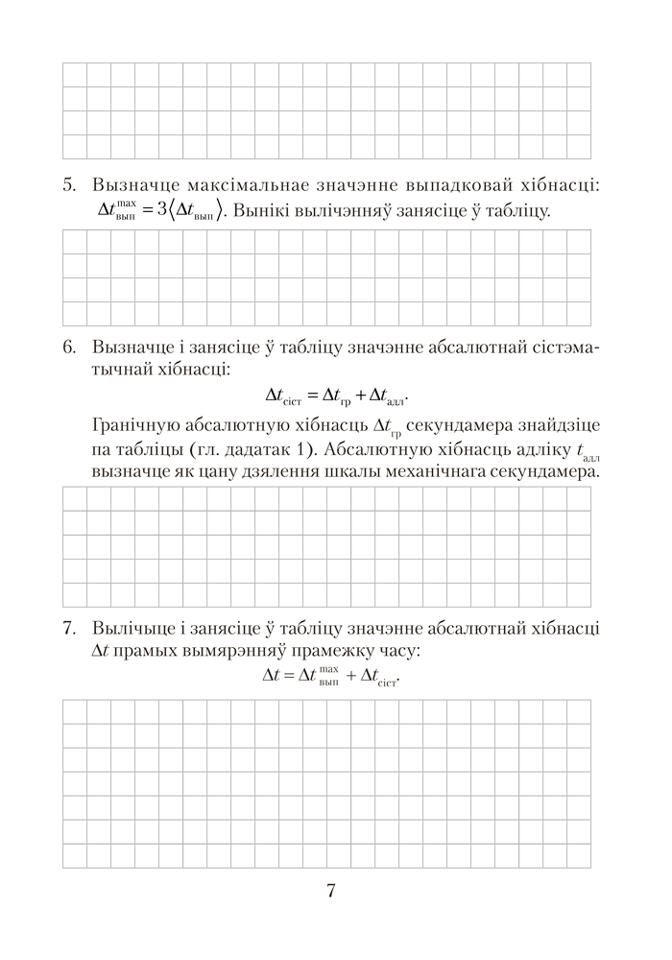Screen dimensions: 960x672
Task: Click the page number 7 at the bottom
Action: click(330, 890)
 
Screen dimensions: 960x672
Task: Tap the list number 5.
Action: click(68, 184)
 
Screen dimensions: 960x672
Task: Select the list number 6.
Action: click(68, 347)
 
